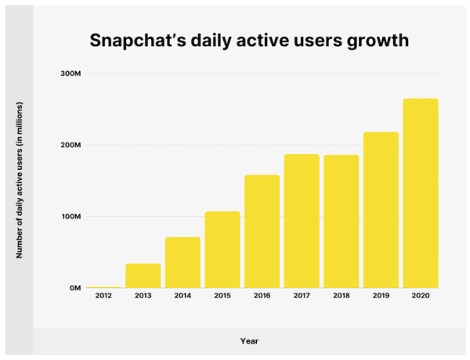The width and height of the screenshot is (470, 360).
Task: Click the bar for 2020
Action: tap(421, 193)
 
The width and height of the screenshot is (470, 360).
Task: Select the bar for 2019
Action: tap(381, 210)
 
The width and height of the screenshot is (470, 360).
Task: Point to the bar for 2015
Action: tap(222, 250)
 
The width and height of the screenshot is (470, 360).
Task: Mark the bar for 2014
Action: tap(183, 262)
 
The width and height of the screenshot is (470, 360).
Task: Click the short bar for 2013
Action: tap(143, 275)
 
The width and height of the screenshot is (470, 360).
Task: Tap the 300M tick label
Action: tap(71, 74)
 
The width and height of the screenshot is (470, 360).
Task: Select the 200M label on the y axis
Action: tap(71, 145)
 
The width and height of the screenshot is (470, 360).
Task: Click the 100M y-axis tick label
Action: tap(71, 216)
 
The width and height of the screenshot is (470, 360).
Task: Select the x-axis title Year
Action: tap(249, 341)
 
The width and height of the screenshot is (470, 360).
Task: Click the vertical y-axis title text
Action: tap(17, 180)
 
